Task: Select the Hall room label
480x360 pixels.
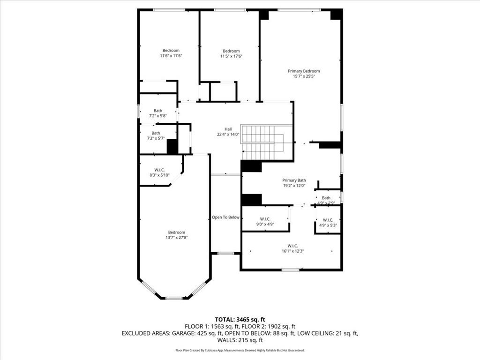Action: [x=228, y=129]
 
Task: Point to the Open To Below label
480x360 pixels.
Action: [x=225, y=217]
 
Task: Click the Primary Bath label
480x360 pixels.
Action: [x=294, y=180]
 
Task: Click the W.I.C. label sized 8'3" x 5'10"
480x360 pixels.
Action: [x=159, y=170]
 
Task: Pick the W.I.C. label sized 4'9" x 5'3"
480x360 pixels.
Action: [x=328, y=220]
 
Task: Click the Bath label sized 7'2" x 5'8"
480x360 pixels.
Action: [x=158, y=111]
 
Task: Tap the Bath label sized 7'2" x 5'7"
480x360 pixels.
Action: [x=156, y=133]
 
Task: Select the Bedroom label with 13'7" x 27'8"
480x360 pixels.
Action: [x=177, y=232]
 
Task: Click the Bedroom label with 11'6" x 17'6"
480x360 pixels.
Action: [x=171, y=51]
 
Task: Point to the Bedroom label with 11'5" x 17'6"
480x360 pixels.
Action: [x=231, y=51]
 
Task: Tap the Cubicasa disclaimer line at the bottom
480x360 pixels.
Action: [x=240, y=350]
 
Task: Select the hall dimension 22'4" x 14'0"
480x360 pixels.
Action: [x=228, y=134]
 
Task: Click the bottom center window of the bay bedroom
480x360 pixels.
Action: [x=174, y=298]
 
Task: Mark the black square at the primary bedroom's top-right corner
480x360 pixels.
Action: [x=336, y=14]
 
